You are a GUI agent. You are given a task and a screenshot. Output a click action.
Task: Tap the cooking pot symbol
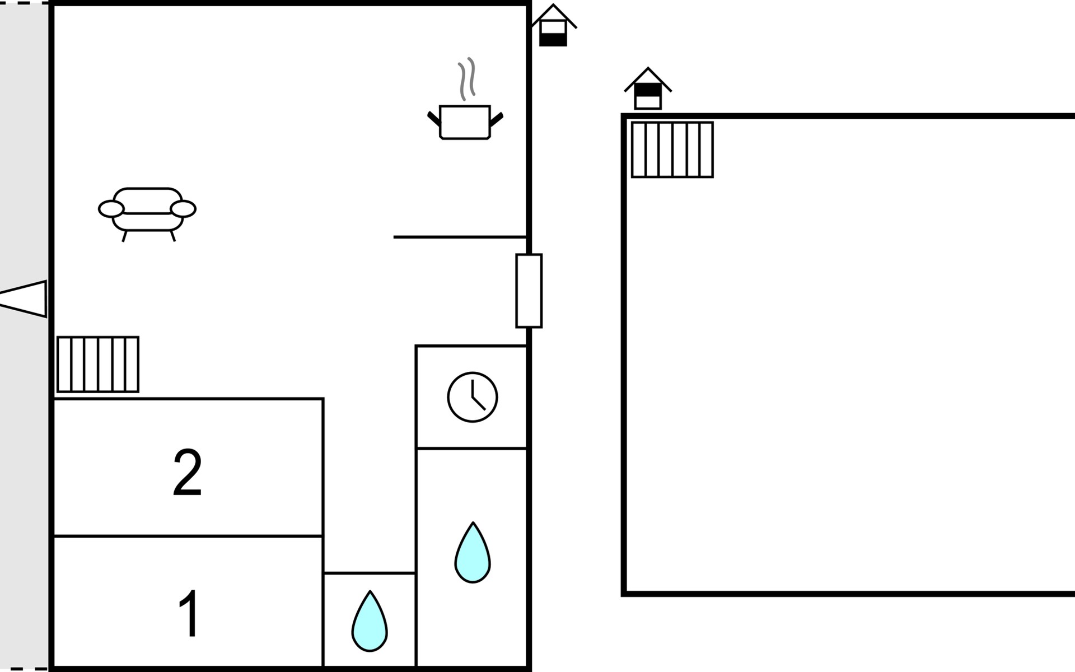coord(465,122)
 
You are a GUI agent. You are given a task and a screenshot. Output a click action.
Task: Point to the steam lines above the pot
coord(467,79)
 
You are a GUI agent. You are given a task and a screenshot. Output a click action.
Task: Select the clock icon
coord(473,397)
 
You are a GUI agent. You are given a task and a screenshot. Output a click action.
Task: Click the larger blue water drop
coord(473,553)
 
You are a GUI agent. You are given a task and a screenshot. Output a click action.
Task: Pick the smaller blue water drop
coord(370,621)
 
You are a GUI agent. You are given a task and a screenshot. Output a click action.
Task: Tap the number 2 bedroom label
coord(187,473)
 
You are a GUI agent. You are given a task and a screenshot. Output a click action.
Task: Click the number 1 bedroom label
coord(189,614)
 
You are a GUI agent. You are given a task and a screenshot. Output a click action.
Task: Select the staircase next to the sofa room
coord(98,364)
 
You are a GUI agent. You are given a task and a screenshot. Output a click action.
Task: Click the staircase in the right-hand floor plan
coord(672,150)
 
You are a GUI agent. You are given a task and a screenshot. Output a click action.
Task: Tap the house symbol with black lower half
coord(553,25)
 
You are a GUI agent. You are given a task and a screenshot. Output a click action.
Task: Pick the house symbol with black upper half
coord(648,88)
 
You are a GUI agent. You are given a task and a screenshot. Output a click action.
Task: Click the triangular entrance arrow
coord(23,298)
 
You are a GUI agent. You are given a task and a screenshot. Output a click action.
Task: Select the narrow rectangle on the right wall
coord(529,291)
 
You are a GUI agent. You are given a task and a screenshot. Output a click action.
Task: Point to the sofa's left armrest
coord(111,209)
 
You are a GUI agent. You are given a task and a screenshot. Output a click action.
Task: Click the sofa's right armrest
coord(183,209)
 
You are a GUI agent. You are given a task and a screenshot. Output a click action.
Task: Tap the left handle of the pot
coord(434,118)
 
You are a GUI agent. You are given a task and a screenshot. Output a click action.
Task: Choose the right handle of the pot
coord(497,119)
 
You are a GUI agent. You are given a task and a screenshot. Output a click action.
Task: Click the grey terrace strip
coord(24,336)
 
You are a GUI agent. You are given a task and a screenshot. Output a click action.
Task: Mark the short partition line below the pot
coord(460,237)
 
